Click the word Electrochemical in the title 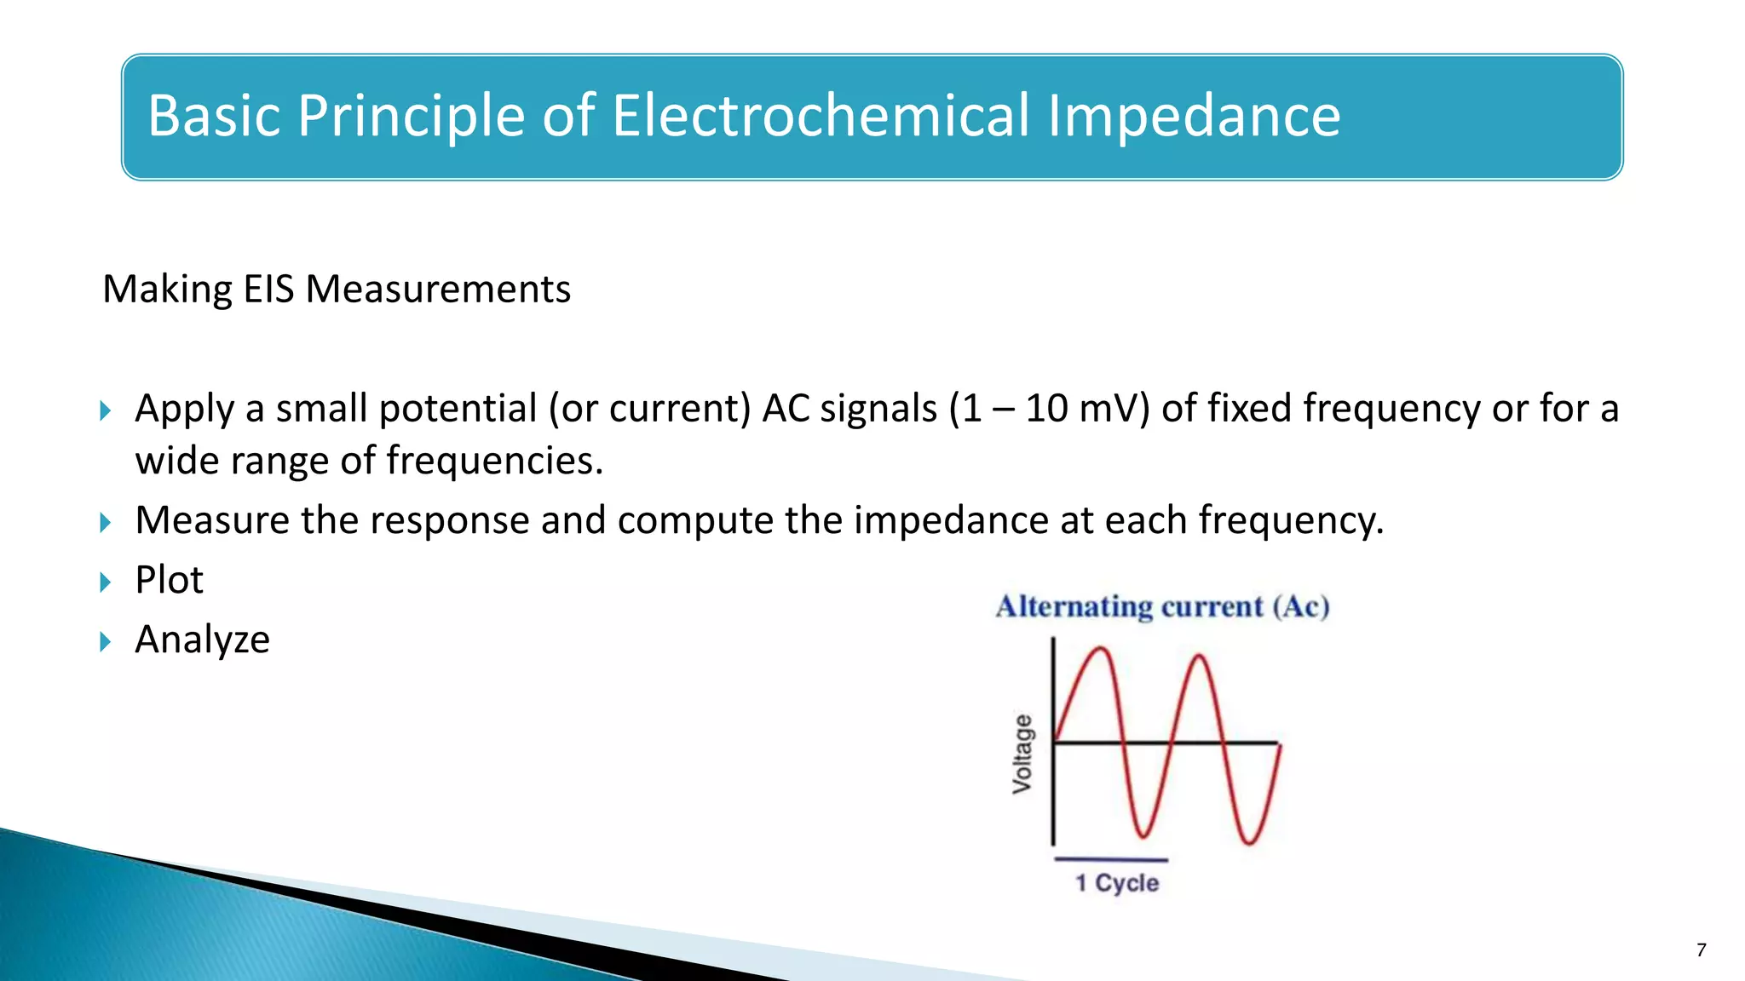coord(821,116)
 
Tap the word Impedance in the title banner coord(1194,116)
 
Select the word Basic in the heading coord(214,116)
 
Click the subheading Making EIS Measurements coord(337,290)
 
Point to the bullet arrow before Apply coord(106,411)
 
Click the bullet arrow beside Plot coord(106,582)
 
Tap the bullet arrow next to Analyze coord(106,642)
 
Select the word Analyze coord(203,640)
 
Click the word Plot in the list coord(170,580)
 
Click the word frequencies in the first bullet coord(494,461)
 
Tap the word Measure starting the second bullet coord(212,520)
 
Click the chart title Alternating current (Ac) coord(1162,606)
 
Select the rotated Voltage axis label coord(1022,754)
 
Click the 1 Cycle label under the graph coord(1116,883)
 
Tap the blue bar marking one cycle coord(1111,859)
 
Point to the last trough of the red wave coord(1249,841)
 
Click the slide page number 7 coord(1702,950)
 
